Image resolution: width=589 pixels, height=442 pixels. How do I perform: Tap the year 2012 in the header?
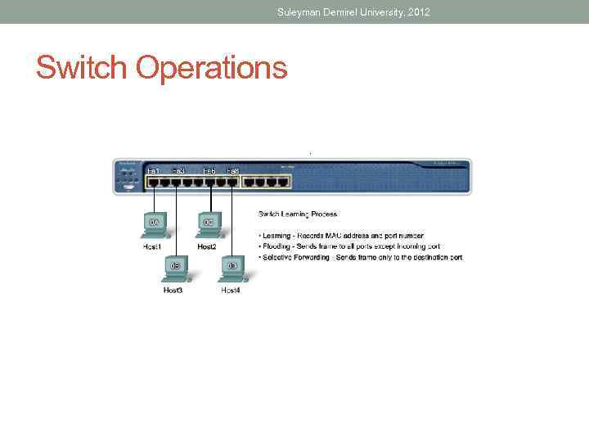coord(416,12)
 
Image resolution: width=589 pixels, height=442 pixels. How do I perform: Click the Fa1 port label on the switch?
coord(153,170)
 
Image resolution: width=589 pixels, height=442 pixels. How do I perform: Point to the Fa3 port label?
coord(178,170)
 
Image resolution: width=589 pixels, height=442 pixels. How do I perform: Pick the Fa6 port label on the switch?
coord(209,170)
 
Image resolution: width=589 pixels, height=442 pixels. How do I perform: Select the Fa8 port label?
coord(232,170)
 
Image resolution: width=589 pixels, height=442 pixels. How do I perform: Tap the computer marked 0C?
coord(208,225)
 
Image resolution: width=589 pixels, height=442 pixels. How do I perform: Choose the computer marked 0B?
coord(173,268)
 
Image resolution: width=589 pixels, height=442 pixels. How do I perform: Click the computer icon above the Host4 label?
coord(232,268)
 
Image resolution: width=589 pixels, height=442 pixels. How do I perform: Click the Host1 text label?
coord(152,246)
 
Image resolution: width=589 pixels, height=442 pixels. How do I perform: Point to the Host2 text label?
coord(207,246)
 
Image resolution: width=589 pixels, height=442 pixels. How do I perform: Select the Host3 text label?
coord(173,290)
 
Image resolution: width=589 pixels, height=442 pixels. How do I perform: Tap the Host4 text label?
coord(231,290)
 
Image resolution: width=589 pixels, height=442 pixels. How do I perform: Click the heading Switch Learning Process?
coord(298,214)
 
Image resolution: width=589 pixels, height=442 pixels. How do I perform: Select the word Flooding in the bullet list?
coord(279,246)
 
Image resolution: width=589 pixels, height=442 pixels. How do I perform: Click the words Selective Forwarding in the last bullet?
coord(298,257)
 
